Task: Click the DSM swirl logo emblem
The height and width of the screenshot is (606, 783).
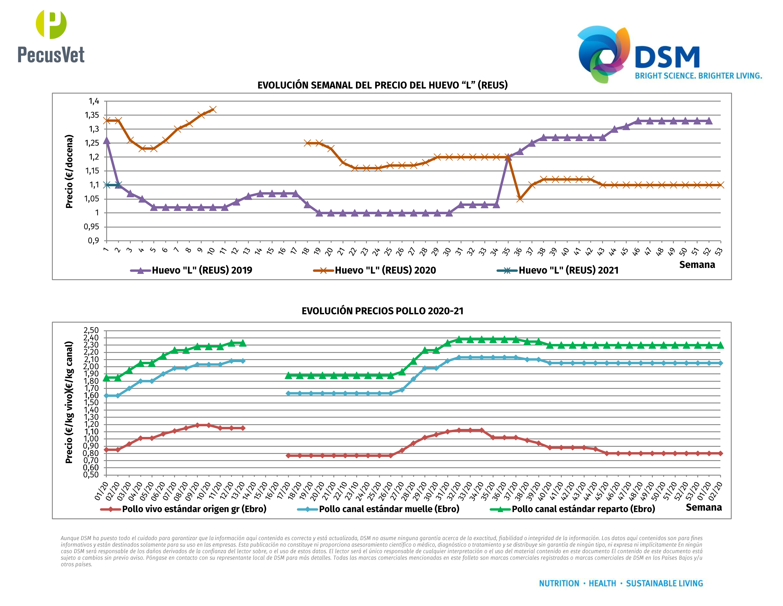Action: (603, 54)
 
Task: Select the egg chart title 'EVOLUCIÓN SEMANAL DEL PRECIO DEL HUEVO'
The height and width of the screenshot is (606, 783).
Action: (382, 85)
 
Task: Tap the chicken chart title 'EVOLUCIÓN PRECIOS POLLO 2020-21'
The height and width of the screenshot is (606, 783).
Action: (382, 311)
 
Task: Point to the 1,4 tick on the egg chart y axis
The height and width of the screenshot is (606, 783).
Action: (94, 101)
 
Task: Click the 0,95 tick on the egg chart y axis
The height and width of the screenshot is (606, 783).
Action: (91, 227)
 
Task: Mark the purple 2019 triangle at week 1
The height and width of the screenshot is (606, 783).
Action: (106, 141)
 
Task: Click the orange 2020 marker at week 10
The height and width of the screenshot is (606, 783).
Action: (213, 110)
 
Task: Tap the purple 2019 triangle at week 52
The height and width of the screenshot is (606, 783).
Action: (709, 121)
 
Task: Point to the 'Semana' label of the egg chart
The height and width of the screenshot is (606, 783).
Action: (697, 265)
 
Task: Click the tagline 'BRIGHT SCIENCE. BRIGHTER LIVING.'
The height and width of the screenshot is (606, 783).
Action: (698, 76)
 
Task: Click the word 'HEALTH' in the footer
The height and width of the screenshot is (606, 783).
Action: (602, 583)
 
